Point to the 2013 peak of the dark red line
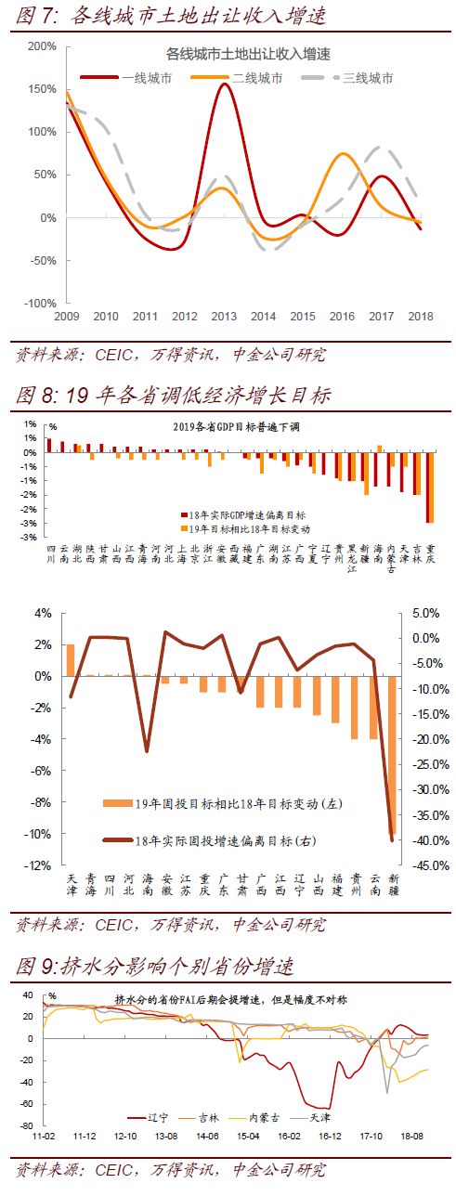coord(225,84)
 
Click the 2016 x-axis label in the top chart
coord(344,317)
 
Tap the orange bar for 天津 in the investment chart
coord(71,660)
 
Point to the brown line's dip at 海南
coord(147,750)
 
